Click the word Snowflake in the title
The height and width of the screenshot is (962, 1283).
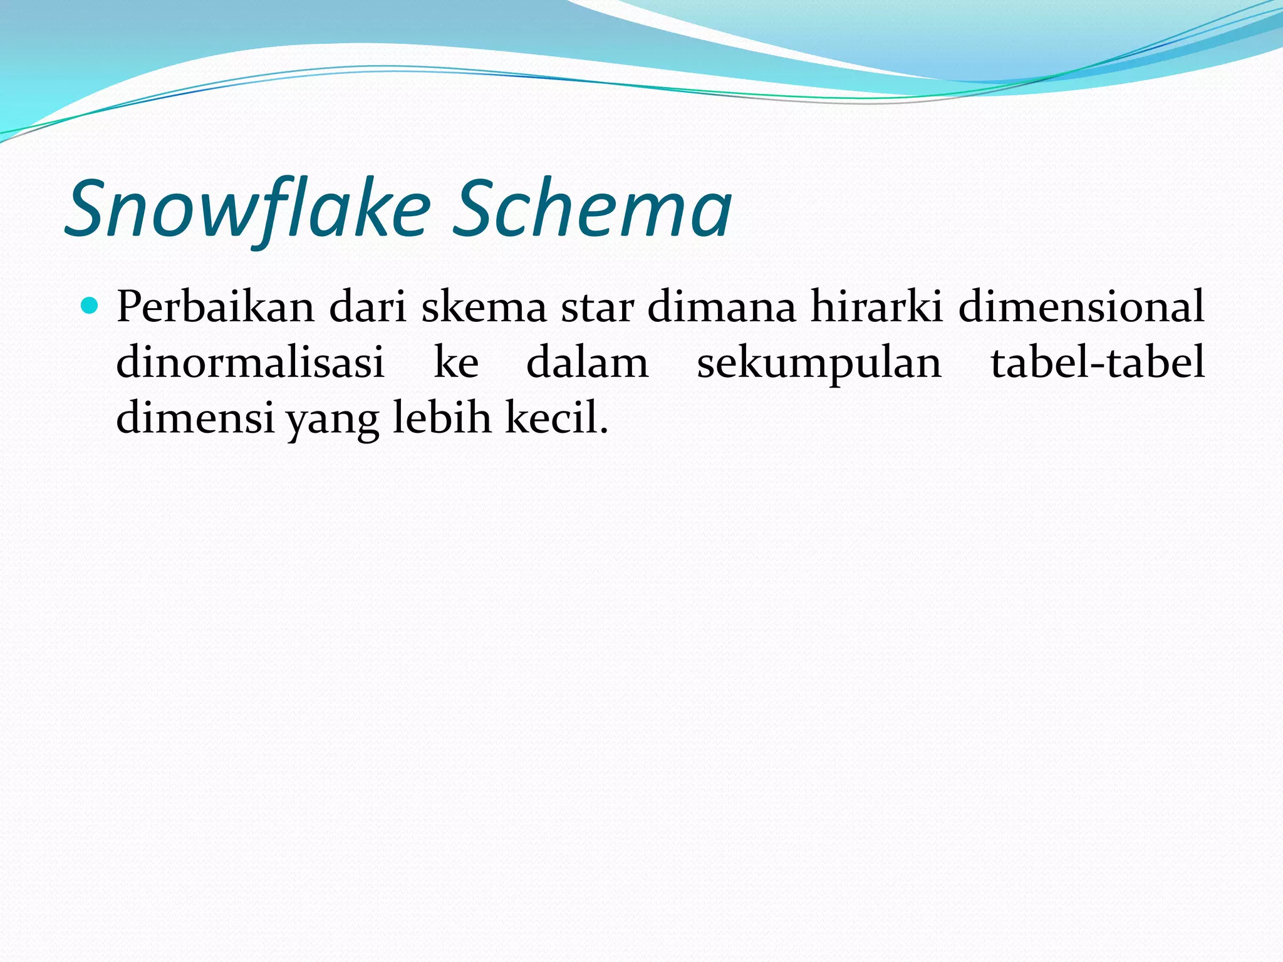pyautogui.click(x=248, y=209)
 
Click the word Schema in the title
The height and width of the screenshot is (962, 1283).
pyautogui.click(x=591, y=209)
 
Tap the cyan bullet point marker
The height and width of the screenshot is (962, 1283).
pyautogui.click(x=91, y=306)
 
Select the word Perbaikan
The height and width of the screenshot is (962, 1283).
pyautogui.click(x=215, y=307)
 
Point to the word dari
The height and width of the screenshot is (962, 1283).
pyautogui.click(x=368, y=307)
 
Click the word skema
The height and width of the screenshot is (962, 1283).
pyautogui.click(x=484, y=307)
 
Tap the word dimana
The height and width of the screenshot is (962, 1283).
pyautogui.click(x=721, y=307)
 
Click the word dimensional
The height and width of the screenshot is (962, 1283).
pyautogui.click(x=1081, y=307)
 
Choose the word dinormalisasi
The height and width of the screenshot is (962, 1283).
pyautogui.click(x=250, y=363)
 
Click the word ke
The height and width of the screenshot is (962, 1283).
pyautogui.click(x=456, y=363)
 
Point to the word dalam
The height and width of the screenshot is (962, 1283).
pyautogui.click(x=588, y=363)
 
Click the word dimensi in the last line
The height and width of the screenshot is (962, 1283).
pyautogui.click(x=195, y=418)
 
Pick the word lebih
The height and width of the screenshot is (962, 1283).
pyautogui.click(x=442, y=418)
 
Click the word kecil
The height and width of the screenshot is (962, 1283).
pyautogui.click(x=551, y=418)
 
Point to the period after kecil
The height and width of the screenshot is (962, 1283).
pyautogui.click(x=604, y=432)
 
